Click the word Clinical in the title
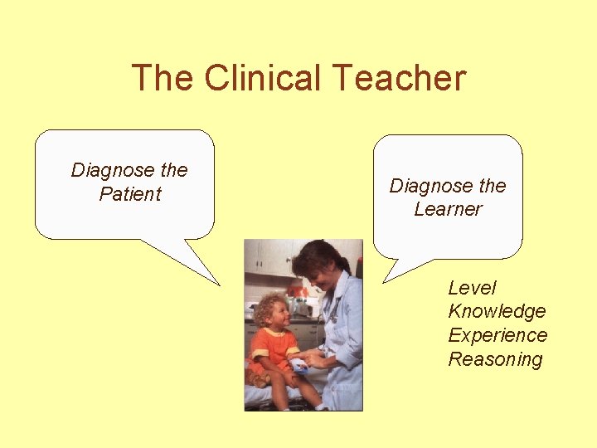tap(261, 78)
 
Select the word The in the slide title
tap(164, 78)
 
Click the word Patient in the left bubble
tap(129, 194)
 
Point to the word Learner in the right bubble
tap(448, 209)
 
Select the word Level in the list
tap(472, 288)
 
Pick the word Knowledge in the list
tap(497, 312)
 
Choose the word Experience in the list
tap(498, 335)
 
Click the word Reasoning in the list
tap(495, 359)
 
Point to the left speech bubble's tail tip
tap(220, 285)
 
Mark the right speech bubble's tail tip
tap(382, 281)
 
